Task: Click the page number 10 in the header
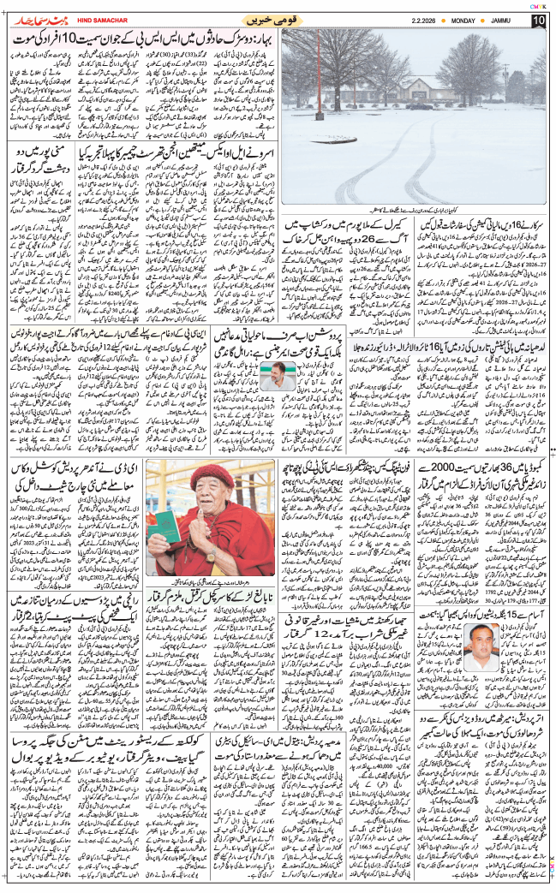[x=537, y=21]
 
